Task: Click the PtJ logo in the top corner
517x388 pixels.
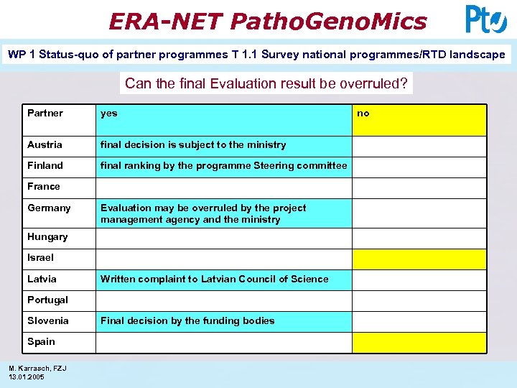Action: [x=486, y=19]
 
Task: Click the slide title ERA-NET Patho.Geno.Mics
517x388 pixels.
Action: [x=267, y=21]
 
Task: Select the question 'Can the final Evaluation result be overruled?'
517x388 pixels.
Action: [x=266, y=83]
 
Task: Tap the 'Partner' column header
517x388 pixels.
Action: [x=45, y=113]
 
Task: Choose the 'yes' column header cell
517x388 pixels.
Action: [x=109, y=113]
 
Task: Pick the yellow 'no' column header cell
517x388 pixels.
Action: [x=419, y=120]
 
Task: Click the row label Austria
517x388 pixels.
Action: [x=45, y=144]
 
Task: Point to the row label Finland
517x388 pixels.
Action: [x=45, y=165]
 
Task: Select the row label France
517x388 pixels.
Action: [x=44, y=186]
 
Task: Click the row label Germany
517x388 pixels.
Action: [x=49, y=208]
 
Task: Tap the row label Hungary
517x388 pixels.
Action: [x=47, y=236]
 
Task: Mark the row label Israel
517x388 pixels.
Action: [x=40, y=257]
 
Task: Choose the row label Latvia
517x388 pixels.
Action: [x=42, y=279]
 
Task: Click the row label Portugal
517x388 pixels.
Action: [x=47, y=300]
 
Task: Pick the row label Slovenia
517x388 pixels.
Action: [x=48, y=320]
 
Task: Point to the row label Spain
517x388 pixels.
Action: [x=41, y=341]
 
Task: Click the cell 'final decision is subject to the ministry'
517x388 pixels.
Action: [x=193, y=144]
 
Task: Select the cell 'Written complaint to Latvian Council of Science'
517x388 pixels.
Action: [x=214, y=279]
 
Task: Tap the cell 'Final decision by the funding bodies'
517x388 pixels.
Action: [x=187, y=320]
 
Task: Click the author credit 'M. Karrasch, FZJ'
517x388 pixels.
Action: [x=37, y=369]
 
